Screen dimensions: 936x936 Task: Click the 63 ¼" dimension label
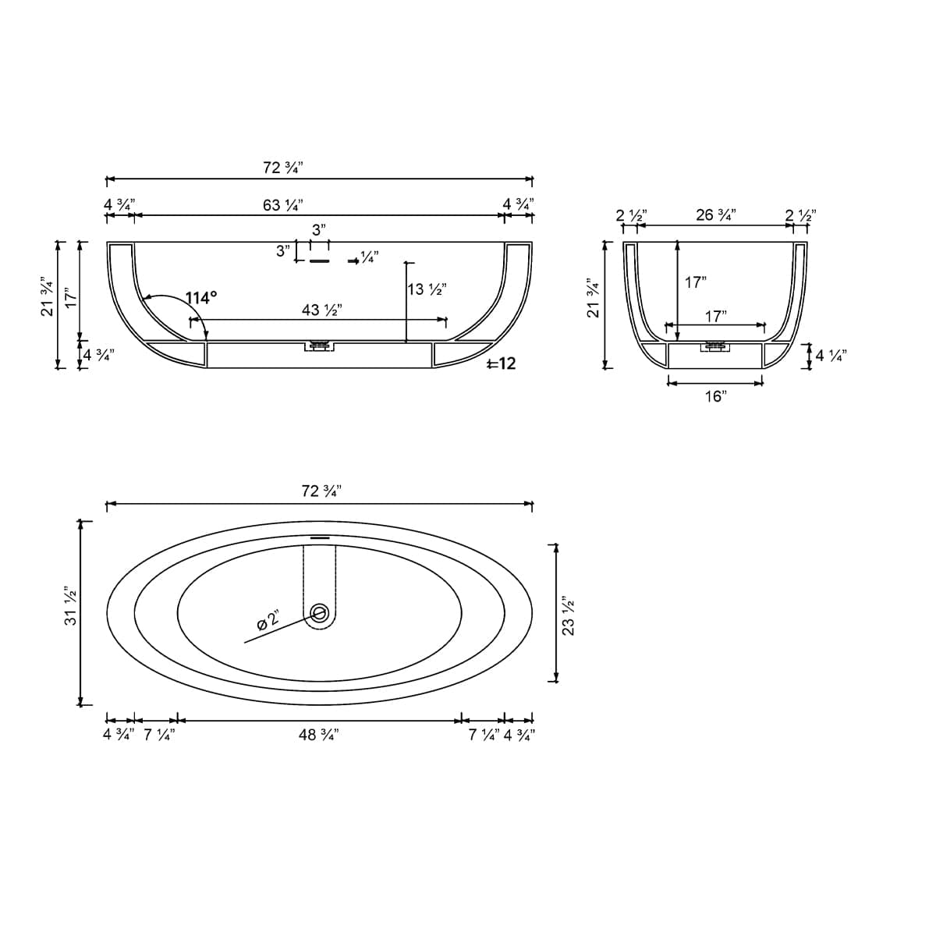[x=283, y=205]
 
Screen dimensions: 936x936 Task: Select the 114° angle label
[x=200, y=298]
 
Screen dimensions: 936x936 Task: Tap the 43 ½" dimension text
[x=322, y=310]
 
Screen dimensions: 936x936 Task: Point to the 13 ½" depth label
[x=427, y=289]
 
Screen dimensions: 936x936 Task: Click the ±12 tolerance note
[x=500, y=363]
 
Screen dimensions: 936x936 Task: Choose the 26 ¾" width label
[x=715, y=214]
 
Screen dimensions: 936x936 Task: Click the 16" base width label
[x=715, y=396]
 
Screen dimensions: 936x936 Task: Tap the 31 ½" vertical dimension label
[x=70, y=606]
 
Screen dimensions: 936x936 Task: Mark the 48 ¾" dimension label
[x=318, y=735]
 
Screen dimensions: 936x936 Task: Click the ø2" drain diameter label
[x=268, y=620]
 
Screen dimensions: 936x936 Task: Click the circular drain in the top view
[x=319, y=612]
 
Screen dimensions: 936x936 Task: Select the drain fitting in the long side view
[x=319, y=345]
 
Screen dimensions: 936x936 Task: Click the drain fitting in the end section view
[x=715, y=346]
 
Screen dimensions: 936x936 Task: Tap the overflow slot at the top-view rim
[x=321, y=537]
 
